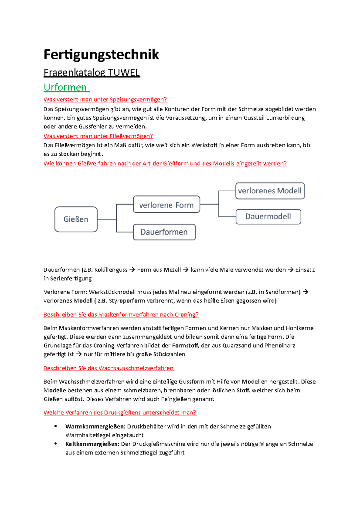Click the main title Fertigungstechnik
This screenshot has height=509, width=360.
click(101, 55)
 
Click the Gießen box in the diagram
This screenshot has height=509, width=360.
click(76, 219)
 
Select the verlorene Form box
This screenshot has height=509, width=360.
click(166, 205)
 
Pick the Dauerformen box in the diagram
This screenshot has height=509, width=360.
click(164, 232)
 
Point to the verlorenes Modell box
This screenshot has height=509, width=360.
click(270, 191)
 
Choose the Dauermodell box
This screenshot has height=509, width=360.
click(268, 216)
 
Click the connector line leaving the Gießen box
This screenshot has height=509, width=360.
click(106, 219)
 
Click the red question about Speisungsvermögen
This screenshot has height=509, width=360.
click(105, 100)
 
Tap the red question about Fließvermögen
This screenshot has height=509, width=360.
click(98, 136)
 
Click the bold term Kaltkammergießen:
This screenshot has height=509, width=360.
click(92, 444)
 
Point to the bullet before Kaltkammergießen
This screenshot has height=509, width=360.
click(55, 444)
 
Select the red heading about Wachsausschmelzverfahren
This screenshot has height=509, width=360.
click(108, 368)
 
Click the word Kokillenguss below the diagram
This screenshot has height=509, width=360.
click(111, 270)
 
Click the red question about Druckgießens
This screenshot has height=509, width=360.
click(120, 412)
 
